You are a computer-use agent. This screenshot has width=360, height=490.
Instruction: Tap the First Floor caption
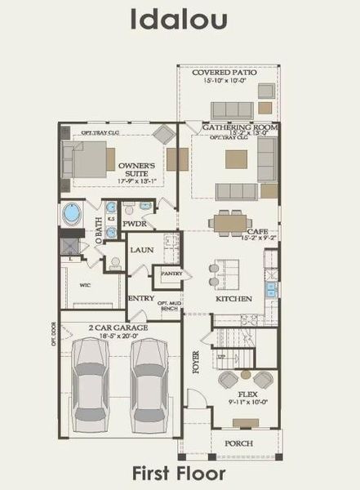point(180,471)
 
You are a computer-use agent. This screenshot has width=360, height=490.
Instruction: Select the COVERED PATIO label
point(224,73)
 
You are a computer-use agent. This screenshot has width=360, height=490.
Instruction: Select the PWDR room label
point(134,223)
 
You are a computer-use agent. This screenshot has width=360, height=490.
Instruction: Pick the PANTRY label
point(171,274)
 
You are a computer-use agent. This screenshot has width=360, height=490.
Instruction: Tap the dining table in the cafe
point(229,221)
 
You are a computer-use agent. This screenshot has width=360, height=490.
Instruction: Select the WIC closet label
point(84,286)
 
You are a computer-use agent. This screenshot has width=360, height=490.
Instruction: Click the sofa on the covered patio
point(233,109)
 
